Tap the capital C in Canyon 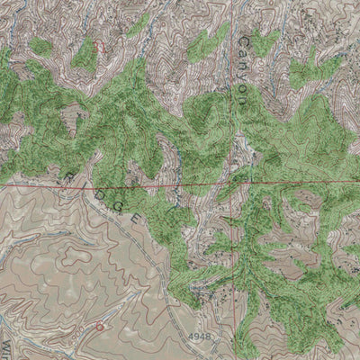tap(244, 41)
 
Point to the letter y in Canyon tap(244, 78)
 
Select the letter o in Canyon tap(244, 91)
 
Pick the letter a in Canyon tap(244, 55)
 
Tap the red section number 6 tap(99, 327)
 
